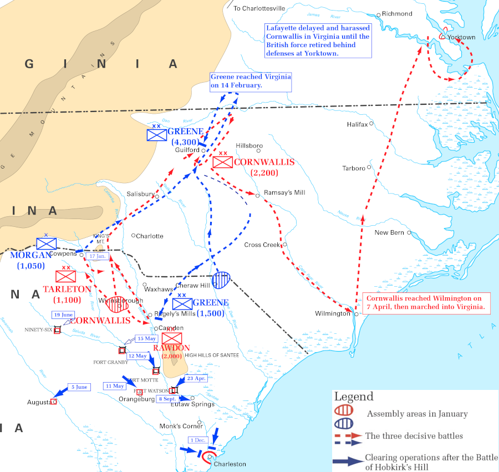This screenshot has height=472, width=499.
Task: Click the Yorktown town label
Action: (461, 37)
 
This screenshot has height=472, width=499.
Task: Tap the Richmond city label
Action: (398, 13)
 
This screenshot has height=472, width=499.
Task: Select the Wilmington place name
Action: (333, 313)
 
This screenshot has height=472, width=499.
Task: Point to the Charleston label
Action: (230, 464)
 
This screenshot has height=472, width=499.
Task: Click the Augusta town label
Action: (38, 402)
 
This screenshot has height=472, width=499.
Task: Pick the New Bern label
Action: (389, 232)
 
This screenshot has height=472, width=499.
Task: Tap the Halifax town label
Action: (357, 124)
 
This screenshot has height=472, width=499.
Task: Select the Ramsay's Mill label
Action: (284, 192)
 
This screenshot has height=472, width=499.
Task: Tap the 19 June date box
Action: (63, 315)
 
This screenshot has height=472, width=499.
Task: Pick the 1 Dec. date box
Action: (197, 440)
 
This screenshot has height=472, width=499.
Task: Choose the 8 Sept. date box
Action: (167, 399)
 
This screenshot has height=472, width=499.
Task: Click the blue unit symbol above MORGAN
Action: (47, 243)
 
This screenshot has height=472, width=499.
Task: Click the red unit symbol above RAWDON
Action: (172, 338)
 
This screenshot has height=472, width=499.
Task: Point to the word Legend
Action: (354, 397)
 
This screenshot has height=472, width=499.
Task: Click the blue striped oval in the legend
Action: (345, 424)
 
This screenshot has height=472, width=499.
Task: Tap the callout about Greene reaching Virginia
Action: (251, 81)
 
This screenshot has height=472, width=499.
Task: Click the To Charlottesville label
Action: (259, 8)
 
